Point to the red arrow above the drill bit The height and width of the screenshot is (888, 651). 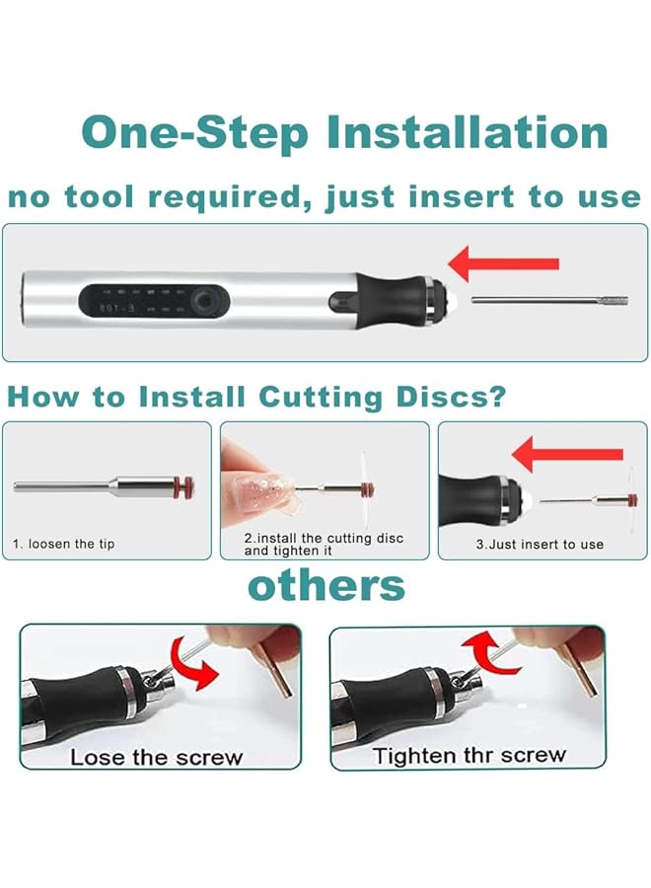point(504,263)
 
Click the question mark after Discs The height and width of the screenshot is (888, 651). point(498,397)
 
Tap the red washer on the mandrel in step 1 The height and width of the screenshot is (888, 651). point(182,485)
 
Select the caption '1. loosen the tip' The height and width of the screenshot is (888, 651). point(63,544)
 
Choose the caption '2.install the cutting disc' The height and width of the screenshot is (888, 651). point(324,539)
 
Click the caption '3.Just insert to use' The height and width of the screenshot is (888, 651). point(540,544)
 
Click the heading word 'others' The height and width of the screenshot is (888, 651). point(325,585)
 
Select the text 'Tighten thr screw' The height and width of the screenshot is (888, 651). point(469,756)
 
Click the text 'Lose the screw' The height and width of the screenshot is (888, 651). point(156,758)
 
